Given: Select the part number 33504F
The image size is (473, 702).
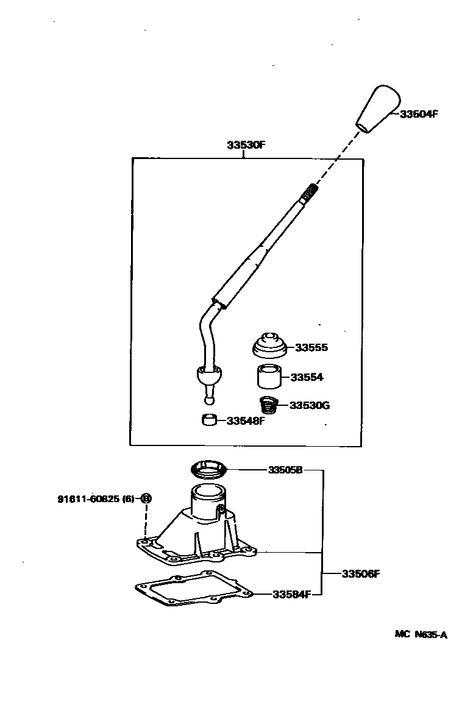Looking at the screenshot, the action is click(x=419, y=114).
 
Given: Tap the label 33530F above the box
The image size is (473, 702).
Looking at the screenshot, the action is click(x=246, y=146).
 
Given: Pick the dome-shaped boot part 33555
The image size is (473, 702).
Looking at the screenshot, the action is click(x=270, y=347).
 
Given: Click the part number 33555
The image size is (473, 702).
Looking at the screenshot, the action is click(x=311, y=348).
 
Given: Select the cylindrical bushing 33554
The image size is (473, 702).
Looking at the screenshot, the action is click(x=268, y=376).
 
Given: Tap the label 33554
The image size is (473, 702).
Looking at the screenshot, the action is click(x=307, y=378).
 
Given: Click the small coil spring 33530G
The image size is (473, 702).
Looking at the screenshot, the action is click(x=269, y=404).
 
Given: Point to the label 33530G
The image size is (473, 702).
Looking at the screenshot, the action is click(x=309, y=405).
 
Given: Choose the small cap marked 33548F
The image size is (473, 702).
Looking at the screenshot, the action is click(x=210, y=420).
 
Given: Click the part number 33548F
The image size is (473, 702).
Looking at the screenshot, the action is click(x=245, y=421).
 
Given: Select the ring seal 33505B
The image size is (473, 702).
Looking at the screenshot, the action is click(x=209, y=469).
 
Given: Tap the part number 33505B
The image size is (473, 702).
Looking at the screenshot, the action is click(x=285, y=470).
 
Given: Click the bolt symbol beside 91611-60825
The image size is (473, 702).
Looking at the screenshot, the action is click(x=145, y=498).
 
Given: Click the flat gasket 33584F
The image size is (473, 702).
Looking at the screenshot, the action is click(x=193, y=590).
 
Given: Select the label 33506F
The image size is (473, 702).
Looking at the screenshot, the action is click(x=361, y=573).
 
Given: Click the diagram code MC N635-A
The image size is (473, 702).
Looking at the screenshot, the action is click(x=421, y=634).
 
